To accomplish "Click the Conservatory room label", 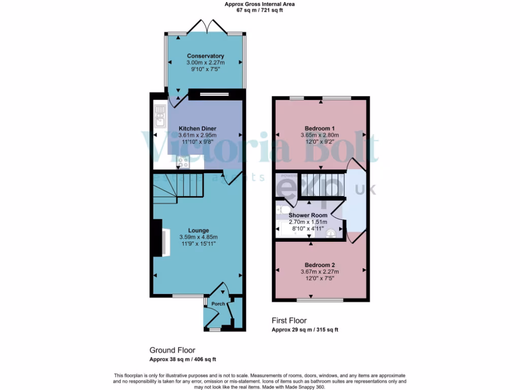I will coord(205,56).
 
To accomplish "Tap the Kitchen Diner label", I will coord(198,129).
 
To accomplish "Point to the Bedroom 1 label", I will coord(319,128).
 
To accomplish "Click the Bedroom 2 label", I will coord(319,265).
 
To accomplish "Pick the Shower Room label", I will coord(308,215).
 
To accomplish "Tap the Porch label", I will coord(218,304).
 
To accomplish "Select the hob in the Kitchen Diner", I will coord(183,162).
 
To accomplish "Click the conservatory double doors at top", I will coord(205,25).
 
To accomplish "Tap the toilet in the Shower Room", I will coord(284,210).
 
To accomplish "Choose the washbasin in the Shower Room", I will coord(331,234).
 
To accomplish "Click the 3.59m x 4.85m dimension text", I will coord(198,237).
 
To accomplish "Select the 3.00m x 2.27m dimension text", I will coord(205,63).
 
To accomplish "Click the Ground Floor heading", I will coord(172,350).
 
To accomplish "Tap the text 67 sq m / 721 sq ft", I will coord(259,10).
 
